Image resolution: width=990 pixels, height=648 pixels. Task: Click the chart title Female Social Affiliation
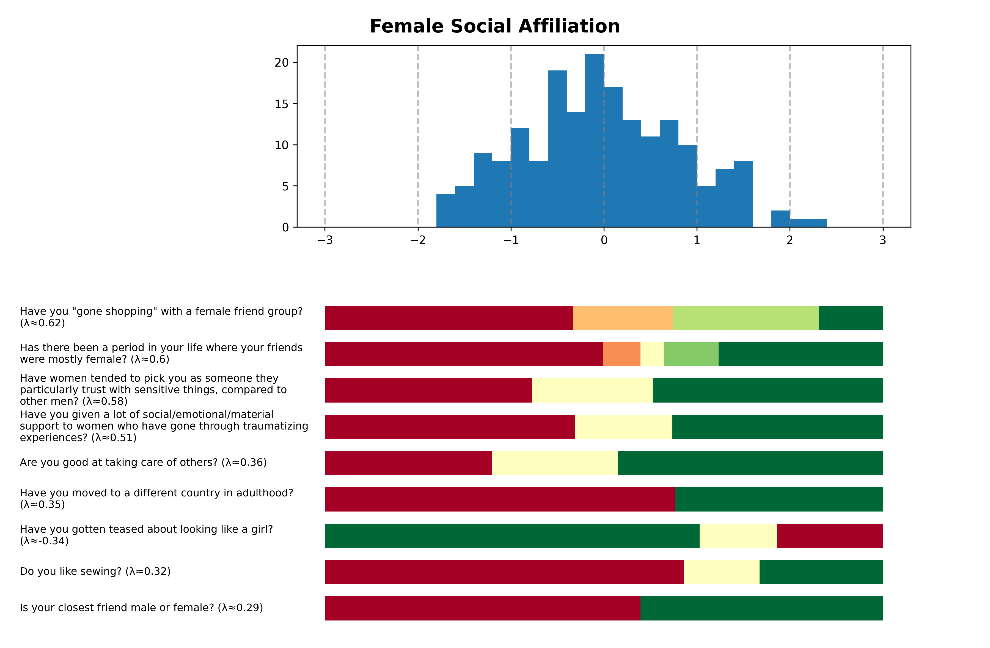point(494,26)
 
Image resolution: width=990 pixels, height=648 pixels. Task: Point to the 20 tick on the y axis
point(282,62)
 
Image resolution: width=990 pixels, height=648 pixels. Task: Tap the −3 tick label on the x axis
point(324,240)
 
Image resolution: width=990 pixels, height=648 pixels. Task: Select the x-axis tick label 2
point(790,240)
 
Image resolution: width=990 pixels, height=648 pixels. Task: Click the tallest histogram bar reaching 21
point(595,141)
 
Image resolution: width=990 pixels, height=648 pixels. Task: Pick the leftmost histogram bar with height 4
point(446,210)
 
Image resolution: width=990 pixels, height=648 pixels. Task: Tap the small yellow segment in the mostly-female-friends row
point(652,354)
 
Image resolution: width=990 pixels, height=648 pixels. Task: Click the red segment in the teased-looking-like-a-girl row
point(829,536)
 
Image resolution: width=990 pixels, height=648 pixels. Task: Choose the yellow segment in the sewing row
point(722,572)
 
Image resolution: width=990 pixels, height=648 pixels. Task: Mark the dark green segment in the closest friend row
point(761,608)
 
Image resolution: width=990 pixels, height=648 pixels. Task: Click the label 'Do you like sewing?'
point(95,572)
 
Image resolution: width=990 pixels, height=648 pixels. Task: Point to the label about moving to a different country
point(156,499)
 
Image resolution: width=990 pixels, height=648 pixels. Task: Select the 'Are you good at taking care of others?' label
point(143,462)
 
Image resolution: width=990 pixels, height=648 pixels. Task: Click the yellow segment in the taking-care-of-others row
point(555,463)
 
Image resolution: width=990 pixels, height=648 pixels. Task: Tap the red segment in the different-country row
point(500,499)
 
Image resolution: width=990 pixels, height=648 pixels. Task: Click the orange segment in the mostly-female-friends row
point(621,354)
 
